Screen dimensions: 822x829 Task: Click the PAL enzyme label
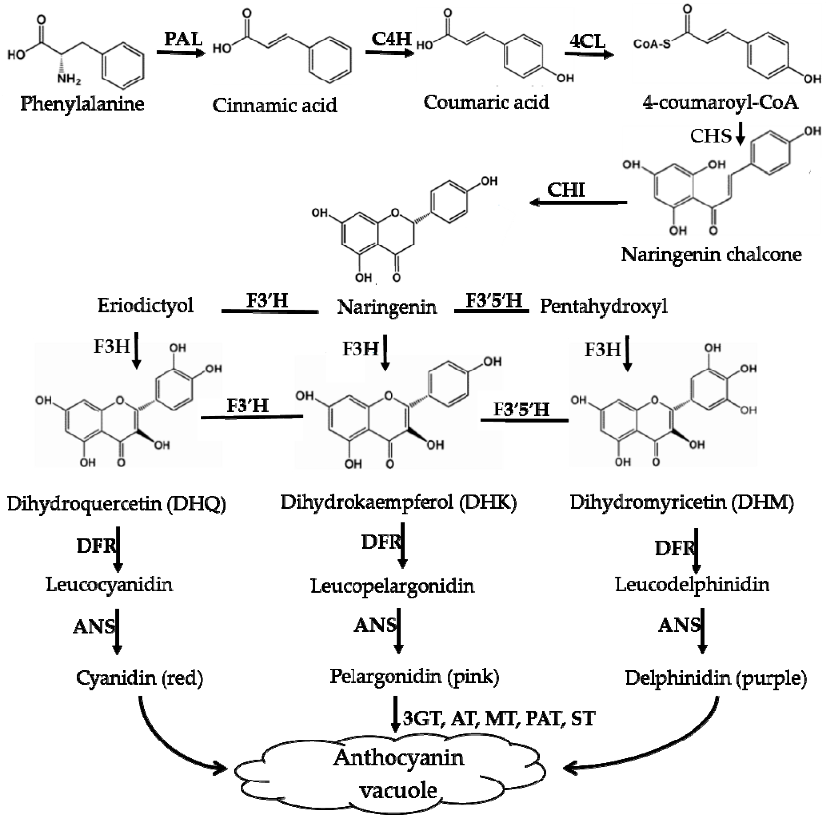coord(183,39)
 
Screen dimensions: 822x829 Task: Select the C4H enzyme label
coord(391,39)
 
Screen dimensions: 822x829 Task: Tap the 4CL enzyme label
coord(587,41)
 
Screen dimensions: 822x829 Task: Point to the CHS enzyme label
coord(710,136)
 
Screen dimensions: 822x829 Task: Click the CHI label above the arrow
coord(566,189)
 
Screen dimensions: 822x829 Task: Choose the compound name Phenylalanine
coord(82,104)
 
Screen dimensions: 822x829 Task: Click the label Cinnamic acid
coord(275,105)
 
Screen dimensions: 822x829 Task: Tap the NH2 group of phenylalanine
coord(68,79)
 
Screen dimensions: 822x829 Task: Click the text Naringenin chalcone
coord(711,254)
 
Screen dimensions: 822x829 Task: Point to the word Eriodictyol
coord(145,305)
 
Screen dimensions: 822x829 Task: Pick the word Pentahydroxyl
coord(603,306)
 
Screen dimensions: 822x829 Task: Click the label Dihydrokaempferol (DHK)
coord(398,502)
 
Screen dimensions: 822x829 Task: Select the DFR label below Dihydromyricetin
coord(674,548)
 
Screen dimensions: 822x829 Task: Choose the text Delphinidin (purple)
coord(715,678)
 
